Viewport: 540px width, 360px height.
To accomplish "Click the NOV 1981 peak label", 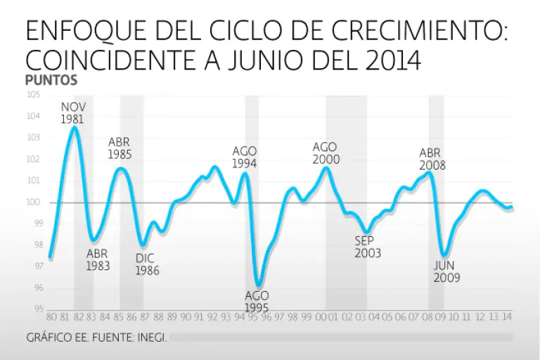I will tap(73, 112).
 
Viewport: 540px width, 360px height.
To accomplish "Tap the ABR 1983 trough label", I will tap(98, 260).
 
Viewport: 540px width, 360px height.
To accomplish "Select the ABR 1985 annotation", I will tap(120, 148).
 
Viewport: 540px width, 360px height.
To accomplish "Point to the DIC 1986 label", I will tap(147, 264).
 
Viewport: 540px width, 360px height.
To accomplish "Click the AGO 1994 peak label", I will tap(245, 157).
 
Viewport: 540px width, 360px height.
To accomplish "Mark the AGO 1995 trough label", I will tap(257, 302).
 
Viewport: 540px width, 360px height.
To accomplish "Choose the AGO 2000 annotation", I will tap(326, 153).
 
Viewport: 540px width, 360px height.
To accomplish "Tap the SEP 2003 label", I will tap(368, 247).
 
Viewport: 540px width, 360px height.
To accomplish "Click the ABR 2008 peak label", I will tap(432, 159).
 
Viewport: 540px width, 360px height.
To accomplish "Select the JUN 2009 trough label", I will tap(446, 271).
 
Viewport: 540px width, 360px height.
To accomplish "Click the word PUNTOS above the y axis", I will tap(51, 81).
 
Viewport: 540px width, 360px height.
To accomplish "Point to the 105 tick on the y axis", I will tap(33, 95).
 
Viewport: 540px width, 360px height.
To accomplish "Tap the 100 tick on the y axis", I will tap(33, 202).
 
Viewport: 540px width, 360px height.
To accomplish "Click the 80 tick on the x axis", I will tap(51, 318).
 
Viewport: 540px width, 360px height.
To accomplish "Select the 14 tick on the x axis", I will tap(507, 318).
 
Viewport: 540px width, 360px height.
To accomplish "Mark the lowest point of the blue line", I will tap(258, 284).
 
